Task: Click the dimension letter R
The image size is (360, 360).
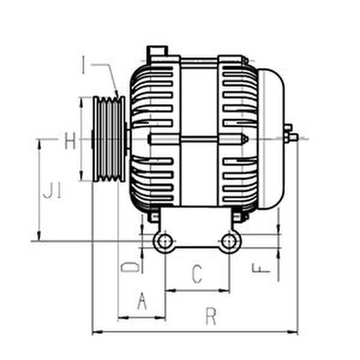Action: [x=211, y=316]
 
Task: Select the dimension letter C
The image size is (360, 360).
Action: [x=197, y=274]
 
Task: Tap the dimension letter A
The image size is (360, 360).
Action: [x=142, y=301]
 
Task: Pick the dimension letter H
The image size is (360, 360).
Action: [x=70, y=142]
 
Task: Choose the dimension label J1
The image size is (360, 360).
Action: [x=52, y=193]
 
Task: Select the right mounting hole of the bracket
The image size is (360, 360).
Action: [x=229, y=242]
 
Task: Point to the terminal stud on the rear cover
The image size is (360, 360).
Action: [x=291, y=137]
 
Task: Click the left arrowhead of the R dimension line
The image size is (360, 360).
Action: [x=95, y=332]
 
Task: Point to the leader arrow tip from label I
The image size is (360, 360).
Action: [x=117, y=95]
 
